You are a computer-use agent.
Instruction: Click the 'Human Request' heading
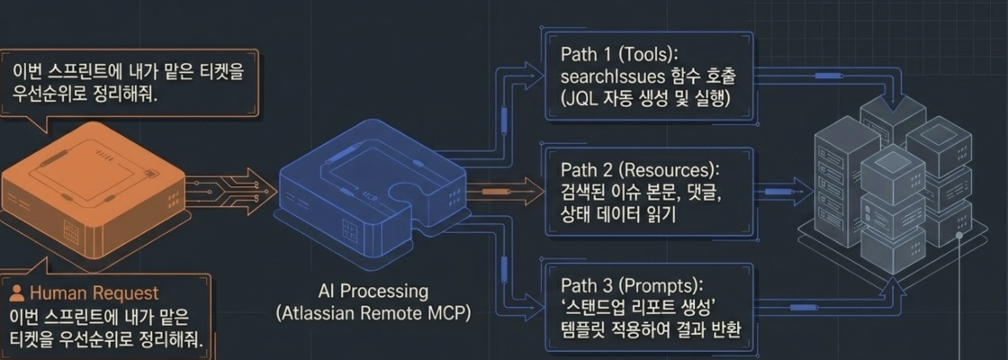click(x=94, y=293)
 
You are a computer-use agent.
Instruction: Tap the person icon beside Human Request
click(x=18, y=293)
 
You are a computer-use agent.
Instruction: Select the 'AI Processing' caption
click(x=373, y=292)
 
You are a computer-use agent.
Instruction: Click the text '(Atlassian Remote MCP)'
click(x=373, y=314)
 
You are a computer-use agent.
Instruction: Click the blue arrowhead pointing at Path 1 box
click(x=535, y=70)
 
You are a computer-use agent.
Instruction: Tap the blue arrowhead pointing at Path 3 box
click(x=535, y=301)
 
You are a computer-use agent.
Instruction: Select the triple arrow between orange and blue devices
click(x=232, y=191)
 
